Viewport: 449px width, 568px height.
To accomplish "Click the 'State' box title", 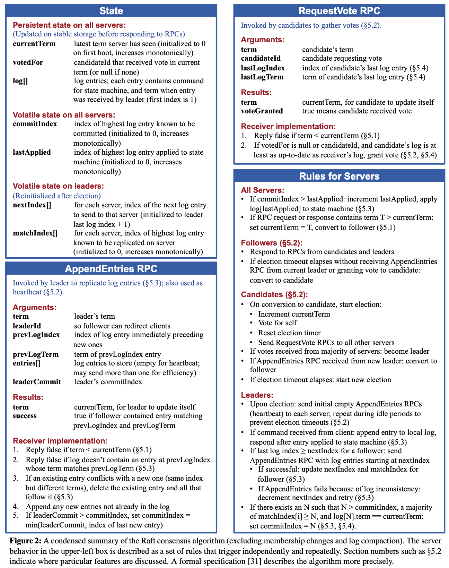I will (111, 11).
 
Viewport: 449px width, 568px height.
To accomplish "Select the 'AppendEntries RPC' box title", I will (111, 269).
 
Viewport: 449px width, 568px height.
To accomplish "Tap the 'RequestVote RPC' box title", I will (339, 11).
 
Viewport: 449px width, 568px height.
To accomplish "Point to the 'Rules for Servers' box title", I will (339, 176).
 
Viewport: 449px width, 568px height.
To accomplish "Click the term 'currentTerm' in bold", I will (34, 44).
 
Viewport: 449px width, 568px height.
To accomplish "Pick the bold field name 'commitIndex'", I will (35, 124).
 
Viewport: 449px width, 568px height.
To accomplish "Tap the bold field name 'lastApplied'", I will (32, 152).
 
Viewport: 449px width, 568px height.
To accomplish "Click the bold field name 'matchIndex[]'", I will (35, 233).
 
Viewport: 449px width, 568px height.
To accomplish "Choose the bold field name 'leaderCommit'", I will (37, 382).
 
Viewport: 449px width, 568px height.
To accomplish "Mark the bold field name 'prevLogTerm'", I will (36, 354).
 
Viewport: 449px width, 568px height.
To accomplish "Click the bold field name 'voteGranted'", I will (262, 111).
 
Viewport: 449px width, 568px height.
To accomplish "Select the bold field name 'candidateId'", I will (261, 58).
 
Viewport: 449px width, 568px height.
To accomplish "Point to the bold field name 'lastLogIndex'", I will (263, 68).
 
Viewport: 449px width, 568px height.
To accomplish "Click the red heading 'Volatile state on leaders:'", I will (58, 186).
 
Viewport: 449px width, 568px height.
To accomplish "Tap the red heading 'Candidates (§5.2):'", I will (274, 294).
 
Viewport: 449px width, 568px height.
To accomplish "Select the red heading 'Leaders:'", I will (257, 395).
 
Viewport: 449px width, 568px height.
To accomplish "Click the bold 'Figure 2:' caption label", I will (26, 541).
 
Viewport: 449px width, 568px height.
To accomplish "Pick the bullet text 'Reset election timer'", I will (290, 333).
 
